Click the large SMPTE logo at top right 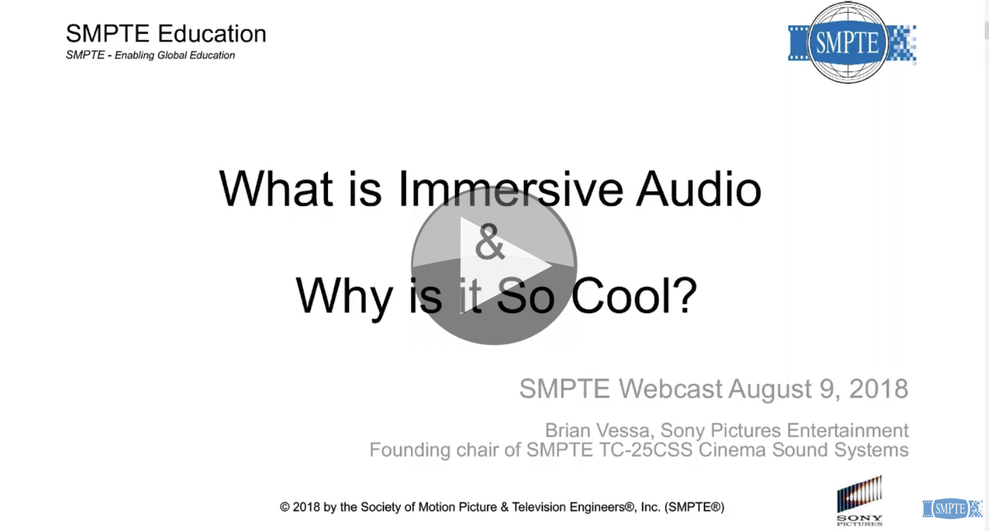848,43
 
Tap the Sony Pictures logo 859,501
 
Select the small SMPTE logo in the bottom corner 951,509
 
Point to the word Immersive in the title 510,190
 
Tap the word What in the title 276,190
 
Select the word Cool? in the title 634,297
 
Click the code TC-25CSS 646,450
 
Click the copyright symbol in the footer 285,507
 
